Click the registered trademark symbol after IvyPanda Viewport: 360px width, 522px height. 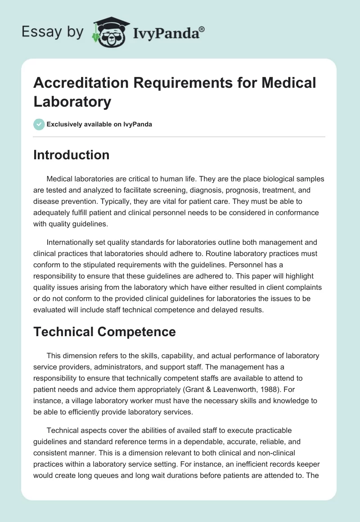pos(202,29)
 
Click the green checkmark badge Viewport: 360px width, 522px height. pos(39,124)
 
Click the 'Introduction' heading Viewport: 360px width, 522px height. pos(72,155)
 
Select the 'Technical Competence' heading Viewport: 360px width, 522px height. pos(104,331)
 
